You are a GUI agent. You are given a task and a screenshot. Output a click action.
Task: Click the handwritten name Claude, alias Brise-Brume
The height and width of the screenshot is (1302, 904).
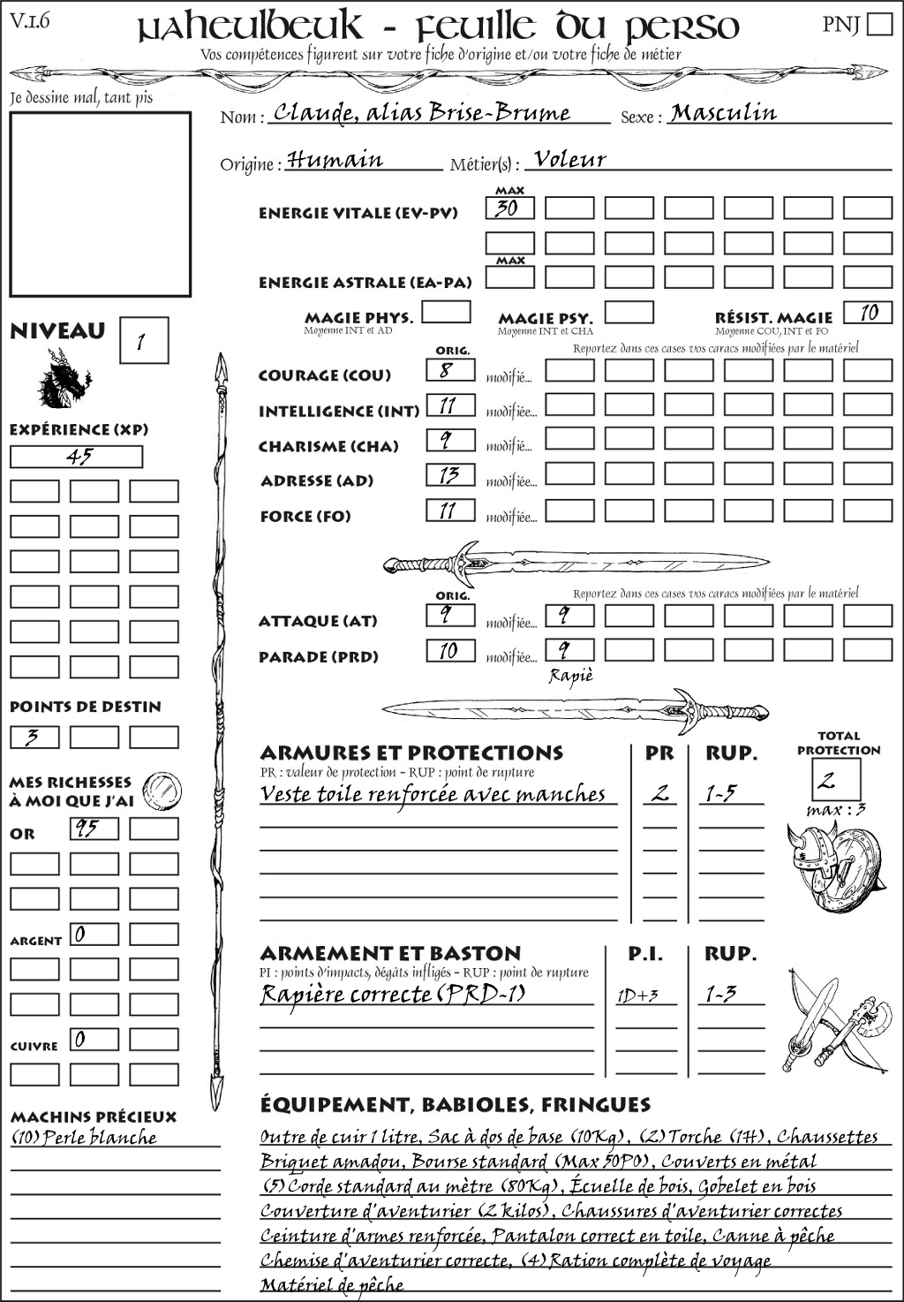tap(422, 113)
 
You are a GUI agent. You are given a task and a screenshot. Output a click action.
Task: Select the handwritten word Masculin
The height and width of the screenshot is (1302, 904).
tap(723, 113)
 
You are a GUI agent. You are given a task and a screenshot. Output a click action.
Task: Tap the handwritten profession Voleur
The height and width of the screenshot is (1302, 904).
tap(570, 160)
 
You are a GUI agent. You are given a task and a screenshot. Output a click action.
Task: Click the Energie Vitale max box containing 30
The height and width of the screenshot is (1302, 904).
tap(509, 208)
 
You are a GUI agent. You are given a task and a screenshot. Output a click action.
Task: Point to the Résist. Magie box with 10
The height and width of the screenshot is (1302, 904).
tap(867, 313)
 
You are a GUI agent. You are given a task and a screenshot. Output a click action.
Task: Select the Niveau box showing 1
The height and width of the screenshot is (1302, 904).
tap(143, 341)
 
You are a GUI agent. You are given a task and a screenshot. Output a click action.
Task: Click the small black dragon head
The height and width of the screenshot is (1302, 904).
tap(64, 379)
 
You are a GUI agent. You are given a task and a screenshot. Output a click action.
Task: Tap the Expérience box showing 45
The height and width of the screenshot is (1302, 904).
tap(76, 457)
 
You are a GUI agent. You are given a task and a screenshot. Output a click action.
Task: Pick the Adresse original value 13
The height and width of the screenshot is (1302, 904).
tap(450, 475)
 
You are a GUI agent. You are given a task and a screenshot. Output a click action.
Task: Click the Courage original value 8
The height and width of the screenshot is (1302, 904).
tap(450, 370)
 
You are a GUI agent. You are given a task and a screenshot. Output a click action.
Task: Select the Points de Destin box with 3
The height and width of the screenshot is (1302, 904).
tap(34, 737)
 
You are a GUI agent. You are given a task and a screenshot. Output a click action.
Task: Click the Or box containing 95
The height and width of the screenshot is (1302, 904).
tap(94, 829)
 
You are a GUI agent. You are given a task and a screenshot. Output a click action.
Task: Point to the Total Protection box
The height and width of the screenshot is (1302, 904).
tap(836, 780)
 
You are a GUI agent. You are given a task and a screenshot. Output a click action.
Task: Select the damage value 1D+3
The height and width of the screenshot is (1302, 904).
tap(638, 996)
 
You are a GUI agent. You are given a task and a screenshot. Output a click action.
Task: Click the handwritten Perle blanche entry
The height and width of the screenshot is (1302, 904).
tap(85, 1138)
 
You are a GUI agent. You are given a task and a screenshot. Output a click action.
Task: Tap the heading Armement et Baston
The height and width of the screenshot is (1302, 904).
tap(390, 953)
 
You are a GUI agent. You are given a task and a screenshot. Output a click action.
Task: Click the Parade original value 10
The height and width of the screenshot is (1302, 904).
tap(450, 651)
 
